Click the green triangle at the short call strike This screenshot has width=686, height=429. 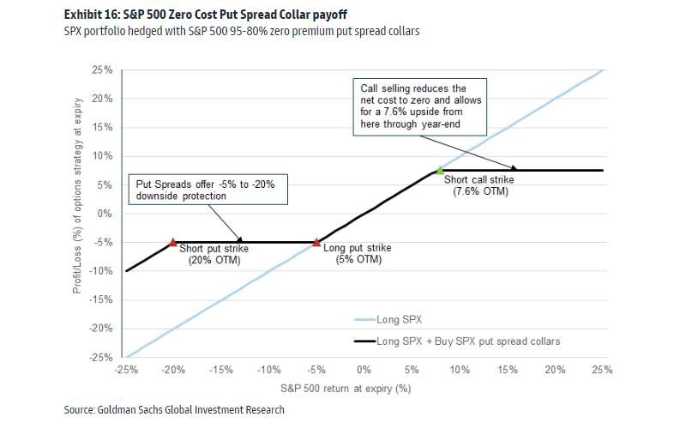click(440, 170)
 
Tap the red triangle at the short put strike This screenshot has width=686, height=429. click(173, 243)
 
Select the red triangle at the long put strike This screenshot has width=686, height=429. click(316, 243)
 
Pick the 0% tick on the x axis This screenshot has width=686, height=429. click(364, 370)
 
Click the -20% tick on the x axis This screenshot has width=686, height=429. click(173, 370)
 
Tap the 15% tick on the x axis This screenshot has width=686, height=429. click(507, 370)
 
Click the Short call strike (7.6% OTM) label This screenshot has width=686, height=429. click(476, 184)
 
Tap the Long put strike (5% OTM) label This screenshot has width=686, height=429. click(358, 253)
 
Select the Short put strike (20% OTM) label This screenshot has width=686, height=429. click(214, 253)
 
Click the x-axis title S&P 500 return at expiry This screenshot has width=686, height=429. click(364, 389)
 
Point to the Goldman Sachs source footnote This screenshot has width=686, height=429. click(174, 410)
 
